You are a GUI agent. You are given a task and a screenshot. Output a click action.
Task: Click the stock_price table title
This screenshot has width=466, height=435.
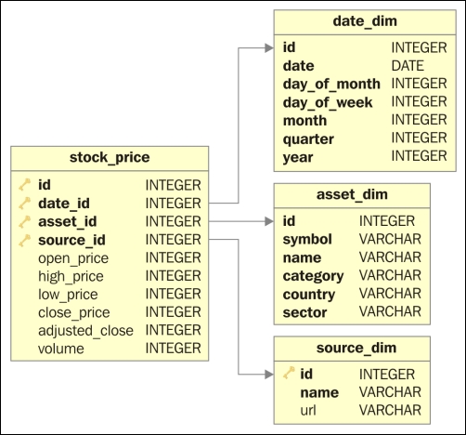coord(110,156)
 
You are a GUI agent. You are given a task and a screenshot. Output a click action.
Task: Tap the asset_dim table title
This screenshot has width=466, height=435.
coord(351,195)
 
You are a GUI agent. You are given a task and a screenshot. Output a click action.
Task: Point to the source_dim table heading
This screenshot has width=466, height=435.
coord(351,348)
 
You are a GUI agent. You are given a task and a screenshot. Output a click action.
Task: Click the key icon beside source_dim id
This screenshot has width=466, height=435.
coord(291,374)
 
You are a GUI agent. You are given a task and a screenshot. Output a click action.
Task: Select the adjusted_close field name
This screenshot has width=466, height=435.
coord(85,330)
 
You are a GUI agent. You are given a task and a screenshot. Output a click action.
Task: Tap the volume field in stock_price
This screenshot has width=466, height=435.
coord(61,349)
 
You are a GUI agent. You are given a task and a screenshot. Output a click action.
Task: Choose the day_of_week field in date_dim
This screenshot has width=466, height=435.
coord(327,102)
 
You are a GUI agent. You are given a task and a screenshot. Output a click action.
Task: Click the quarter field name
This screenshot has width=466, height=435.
coord(310,138)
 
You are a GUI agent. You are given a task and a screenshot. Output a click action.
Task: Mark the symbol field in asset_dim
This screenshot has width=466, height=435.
coord(307,240)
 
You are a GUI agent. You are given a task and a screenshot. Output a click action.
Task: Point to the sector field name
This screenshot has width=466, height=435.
coord(304,311)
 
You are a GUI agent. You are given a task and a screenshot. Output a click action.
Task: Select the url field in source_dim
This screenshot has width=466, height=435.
coord(309,410)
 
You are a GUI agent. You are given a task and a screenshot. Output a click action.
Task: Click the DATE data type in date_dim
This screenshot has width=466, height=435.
coord(408,66)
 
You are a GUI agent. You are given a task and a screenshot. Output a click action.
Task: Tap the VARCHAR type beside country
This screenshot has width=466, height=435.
coord(390,294)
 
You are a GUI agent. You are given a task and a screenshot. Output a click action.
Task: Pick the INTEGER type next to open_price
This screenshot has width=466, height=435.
coord(173,257)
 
